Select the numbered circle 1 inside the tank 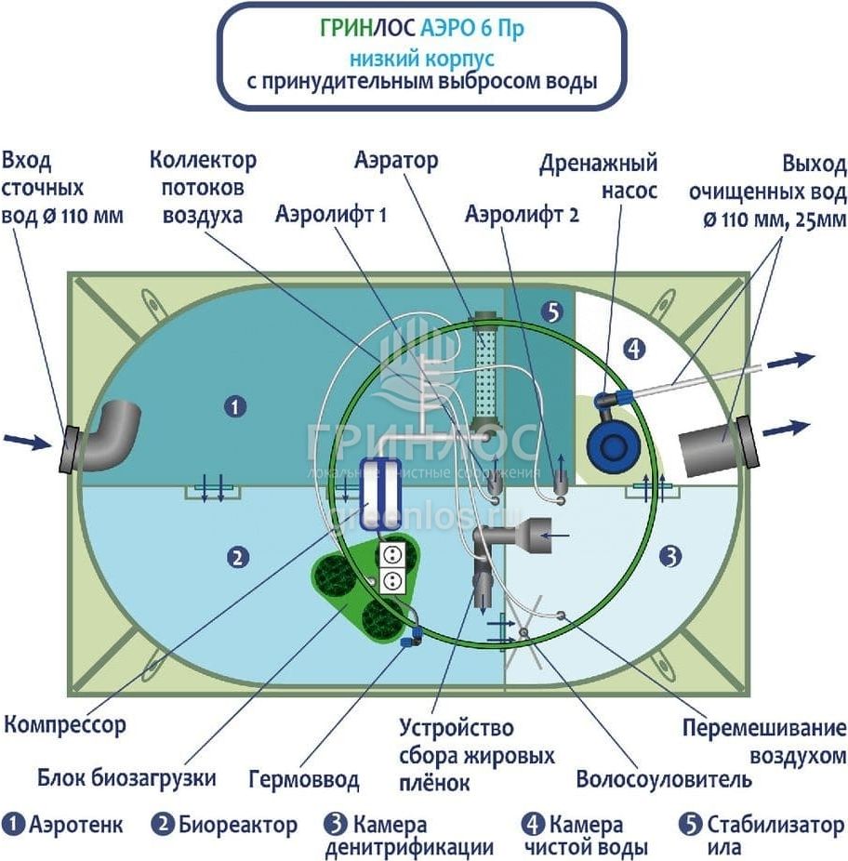(x=236, y=406)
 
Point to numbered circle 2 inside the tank (x=238, y=557)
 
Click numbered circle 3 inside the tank (x=670, y=557)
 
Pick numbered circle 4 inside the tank (x=634, y=351)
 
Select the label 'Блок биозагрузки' (x=127, y=777)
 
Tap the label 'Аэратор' (x=396, y=160)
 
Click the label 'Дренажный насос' (x=599, y=177)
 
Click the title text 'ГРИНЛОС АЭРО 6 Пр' (x=421, y=29)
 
